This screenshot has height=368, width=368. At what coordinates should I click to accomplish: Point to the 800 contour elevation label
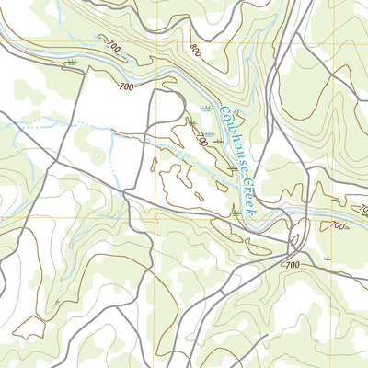click(193, 52)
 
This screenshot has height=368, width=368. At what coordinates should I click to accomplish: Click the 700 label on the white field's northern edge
click(127, 86)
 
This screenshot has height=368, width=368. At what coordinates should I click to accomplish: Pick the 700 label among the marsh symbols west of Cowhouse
click(201, 140)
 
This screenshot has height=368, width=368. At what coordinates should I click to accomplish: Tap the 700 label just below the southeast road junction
click(293, 265)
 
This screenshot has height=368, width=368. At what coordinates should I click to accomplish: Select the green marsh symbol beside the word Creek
click(236, 213)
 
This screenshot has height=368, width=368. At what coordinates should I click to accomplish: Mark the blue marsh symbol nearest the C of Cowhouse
click(206, 109)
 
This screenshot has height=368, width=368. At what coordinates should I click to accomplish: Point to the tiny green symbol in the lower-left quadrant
click(57, 301)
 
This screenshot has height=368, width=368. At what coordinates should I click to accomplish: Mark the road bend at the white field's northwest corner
click(85, 72)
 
